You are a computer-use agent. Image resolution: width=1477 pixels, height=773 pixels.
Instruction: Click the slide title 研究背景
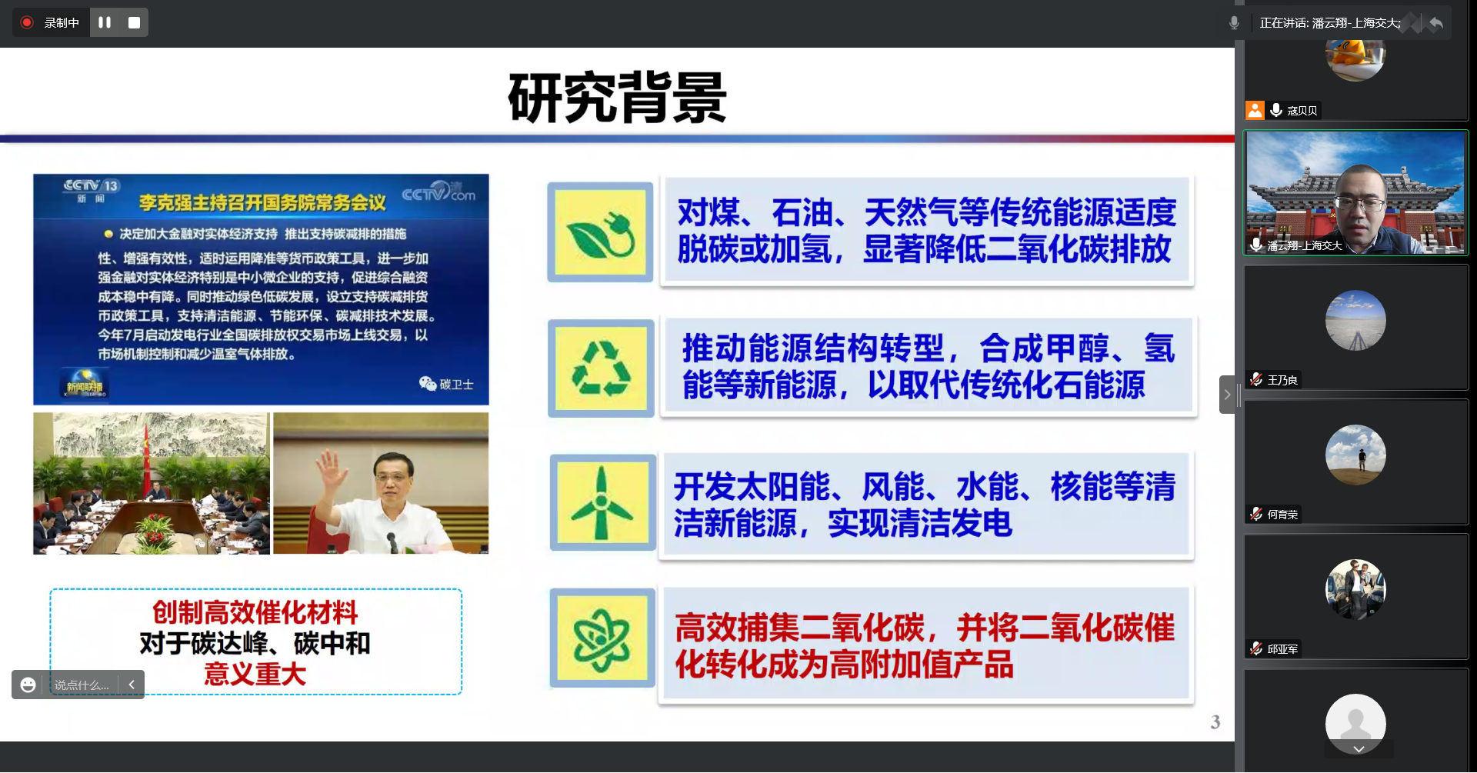(617, 98)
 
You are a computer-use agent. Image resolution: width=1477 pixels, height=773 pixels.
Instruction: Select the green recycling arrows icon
(601, 368)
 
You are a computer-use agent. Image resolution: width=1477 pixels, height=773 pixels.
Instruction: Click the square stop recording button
(134, 22)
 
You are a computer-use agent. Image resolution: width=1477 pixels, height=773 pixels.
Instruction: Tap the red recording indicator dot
(27, 22)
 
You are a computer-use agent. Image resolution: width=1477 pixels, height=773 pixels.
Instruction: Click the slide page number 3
(1215, 721)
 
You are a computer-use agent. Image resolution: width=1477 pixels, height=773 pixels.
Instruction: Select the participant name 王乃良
(1282, 380)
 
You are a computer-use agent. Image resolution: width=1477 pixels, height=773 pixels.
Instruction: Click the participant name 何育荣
(1282, 515)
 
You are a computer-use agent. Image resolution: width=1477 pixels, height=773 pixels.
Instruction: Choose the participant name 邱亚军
(1282, 649)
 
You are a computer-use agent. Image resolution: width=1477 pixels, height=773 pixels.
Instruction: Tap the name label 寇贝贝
(1302, 111)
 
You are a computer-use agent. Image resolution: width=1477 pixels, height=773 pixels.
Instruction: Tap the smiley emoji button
(28, 685)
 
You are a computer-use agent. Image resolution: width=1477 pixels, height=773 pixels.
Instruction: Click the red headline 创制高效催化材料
(255, 612)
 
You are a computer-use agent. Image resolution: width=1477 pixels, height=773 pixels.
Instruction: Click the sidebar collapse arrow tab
(1228, 395)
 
